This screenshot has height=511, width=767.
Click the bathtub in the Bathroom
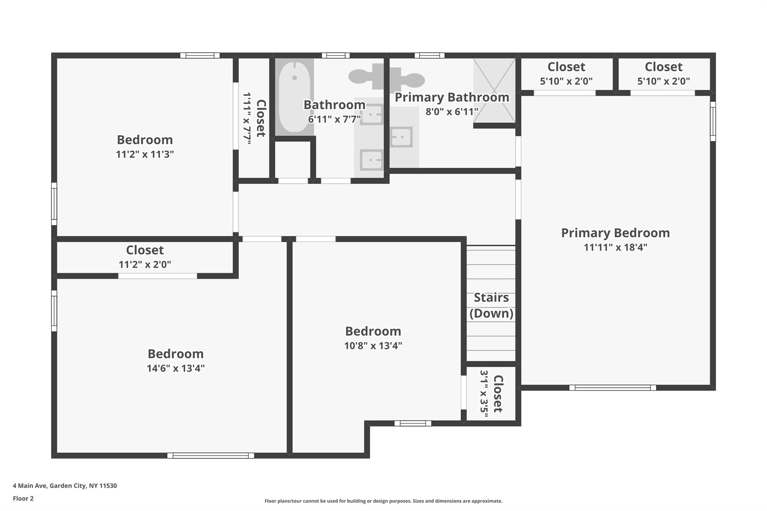295,97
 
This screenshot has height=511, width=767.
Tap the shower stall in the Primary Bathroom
494,90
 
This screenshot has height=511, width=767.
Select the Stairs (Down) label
491,305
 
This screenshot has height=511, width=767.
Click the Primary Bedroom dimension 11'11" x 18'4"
615,247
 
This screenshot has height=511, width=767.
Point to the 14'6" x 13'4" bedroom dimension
176,368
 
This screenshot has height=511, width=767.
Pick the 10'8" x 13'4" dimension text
373,346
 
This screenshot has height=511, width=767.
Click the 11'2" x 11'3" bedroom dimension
145,154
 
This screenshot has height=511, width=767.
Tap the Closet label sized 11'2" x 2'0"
145,250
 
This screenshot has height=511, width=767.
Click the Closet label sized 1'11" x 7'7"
261,118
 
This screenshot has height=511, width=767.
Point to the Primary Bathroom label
452,97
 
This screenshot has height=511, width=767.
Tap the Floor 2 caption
23,498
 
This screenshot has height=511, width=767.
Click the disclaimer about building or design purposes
383,501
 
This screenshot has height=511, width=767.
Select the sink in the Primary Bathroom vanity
401,137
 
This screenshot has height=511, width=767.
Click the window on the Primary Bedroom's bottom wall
613,388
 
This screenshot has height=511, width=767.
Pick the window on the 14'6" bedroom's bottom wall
210,456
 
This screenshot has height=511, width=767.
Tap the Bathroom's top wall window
336,55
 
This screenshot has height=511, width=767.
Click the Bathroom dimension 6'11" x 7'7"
334,119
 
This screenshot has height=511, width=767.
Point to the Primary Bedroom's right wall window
713,121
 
